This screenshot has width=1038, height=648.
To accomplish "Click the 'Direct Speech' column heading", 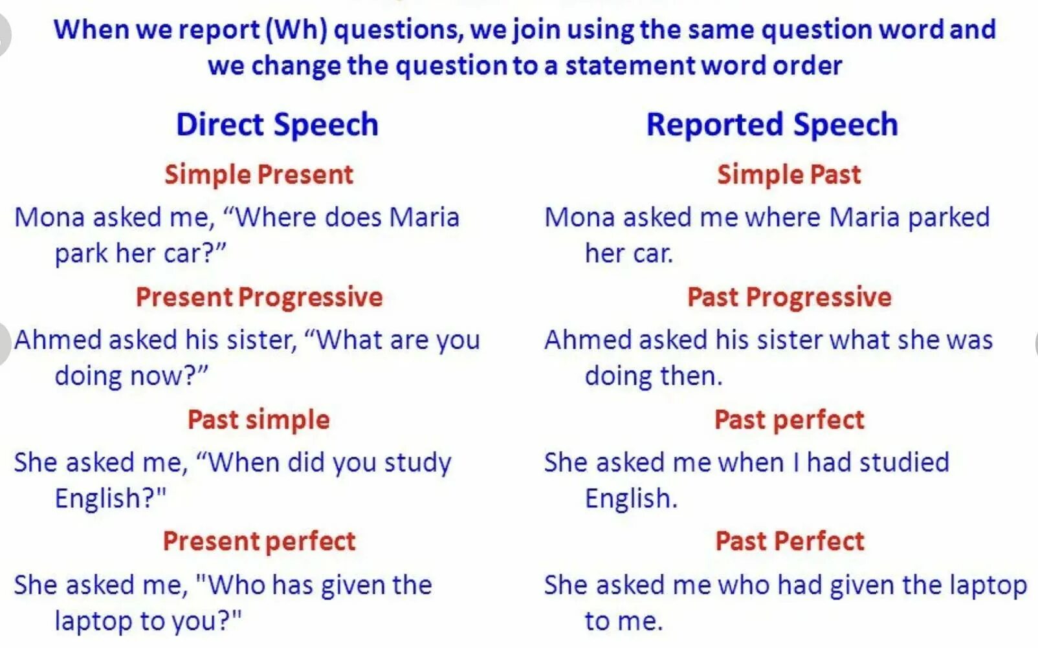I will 277,125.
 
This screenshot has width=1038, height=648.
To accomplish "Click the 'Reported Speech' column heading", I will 772,125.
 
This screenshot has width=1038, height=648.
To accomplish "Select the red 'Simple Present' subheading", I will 259,175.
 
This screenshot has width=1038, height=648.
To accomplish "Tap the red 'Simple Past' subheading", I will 789,175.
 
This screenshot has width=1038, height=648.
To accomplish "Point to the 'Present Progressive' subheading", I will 259,297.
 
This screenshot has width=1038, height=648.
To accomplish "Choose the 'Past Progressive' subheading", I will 789,297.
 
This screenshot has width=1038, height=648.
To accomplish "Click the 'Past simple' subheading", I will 259,420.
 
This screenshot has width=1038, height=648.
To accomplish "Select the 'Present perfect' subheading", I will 259,541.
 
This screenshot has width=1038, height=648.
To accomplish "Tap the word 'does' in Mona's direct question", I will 353,217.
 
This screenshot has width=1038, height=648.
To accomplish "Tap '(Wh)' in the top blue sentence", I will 296,30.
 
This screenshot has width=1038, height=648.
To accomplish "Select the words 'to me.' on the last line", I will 623,621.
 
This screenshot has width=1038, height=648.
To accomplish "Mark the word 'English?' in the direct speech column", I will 110,499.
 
